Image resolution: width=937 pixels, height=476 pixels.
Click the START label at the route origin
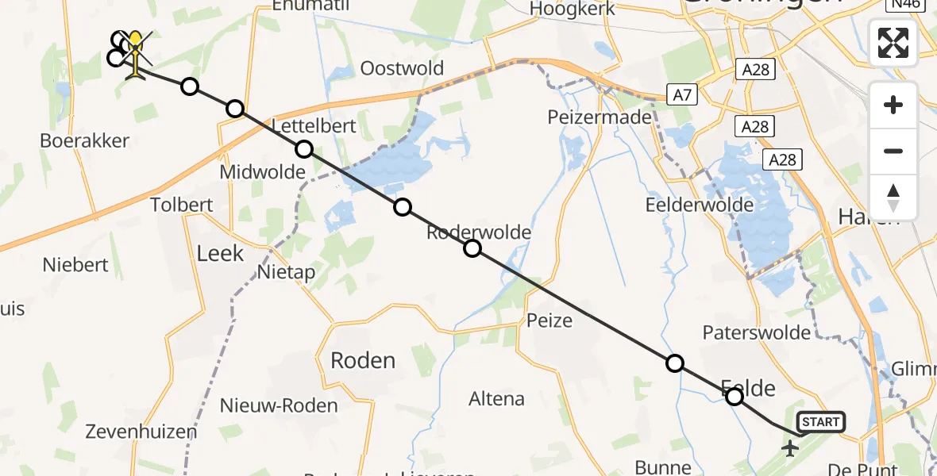coord(820,422)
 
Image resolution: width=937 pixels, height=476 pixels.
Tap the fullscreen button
coord(893,43)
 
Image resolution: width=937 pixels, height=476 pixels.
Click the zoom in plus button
coord(893,105)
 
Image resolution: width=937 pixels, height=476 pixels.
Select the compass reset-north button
coord(893,198)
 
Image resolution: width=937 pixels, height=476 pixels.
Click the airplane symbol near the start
coord(790,450)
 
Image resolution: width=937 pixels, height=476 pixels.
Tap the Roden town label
coord(363,361)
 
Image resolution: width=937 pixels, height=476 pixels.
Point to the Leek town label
coord(220,254)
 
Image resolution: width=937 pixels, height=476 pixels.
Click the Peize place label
coord(549,321)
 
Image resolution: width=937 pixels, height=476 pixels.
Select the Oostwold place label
coord(402,68)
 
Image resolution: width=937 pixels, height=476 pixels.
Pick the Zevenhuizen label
coord(141,432)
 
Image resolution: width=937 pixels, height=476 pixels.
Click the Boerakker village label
coord(85,141)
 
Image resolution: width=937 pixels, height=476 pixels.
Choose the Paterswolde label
coord(757,333)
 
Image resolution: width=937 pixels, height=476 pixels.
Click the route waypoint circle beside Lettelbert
coord(304,148)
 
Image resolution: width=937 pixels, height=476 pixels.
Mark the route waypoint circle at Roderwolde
coord(472,248)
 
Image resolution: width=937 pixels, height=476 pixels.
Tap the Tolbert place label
coord(182,205)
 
